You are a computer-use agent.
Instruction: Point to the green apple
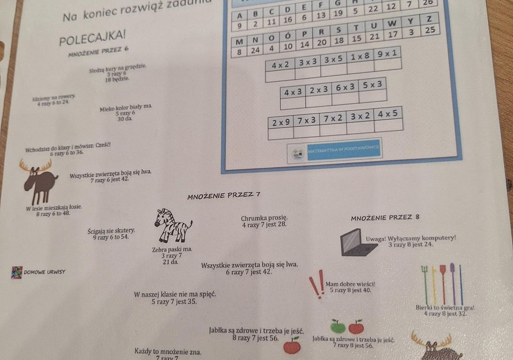[337, 326]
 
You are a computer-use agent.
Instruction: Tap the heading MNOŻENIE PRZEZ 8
[385, 217]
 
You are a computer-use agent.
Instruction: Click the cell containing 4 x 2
[280, 65]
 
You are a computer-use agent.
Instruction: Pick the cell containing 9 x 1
[387, 53]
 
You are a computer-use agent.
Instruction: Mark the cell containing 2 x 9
[281, 122]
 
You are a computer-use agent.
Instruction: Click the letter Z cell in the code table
[429, 19]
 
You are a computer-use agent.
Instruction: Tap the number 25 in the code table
[430, 30]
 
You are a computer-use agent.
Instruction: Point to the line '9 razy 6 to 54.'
[111, 237]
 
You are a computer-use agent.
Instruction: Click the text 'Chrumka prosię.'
[264, 218]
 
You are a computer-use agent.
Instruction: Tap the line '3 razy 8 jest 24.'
[410, 244]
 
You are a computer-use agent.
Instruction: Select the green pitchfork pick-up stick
[425, 283]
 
